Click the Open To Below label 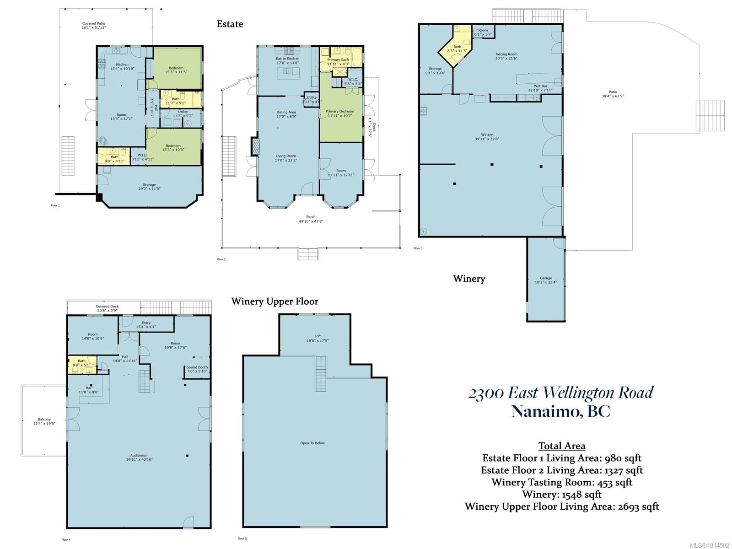[x=312, y=443]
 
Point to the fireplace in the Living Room [x=256, y=146]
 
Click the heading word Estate [x=230, y=24]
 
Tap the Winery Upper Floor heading [x=274, y=301]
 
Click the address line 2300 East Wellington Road [x=561, y=393]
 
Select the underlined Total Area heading [x=561, y=446]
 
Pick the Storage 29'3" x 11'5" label [x=149, y=187]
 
